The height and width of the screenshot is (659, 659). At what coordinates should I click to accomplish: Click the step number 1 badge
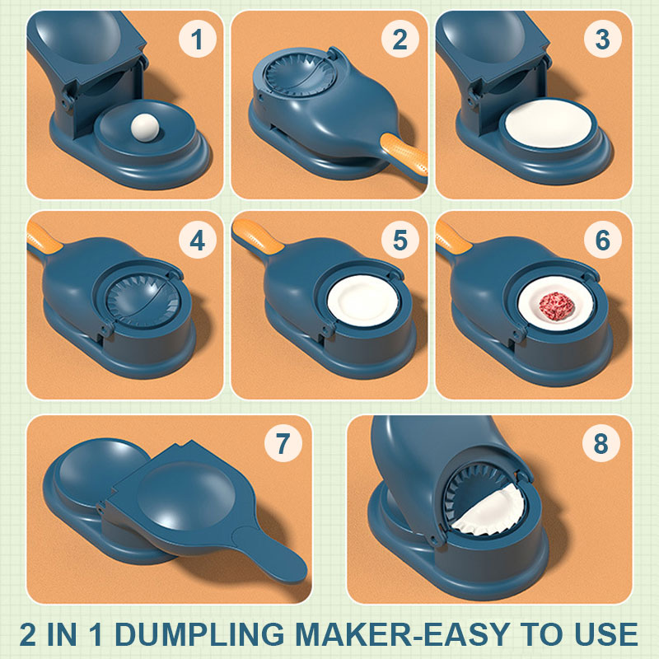pyautogui.click(x=195, y=39)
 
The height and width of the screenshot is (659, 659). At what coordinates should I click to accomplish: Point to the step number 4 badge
pyautogui.click(x=195, y=240)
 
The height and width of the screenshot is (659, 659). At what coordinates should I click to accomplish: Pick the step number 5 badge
pyautogui.click(x=400, y=240)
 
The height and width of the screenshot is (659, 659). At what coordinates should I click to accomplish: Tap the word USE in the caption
pyautogui.click(x=605, y=633)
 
